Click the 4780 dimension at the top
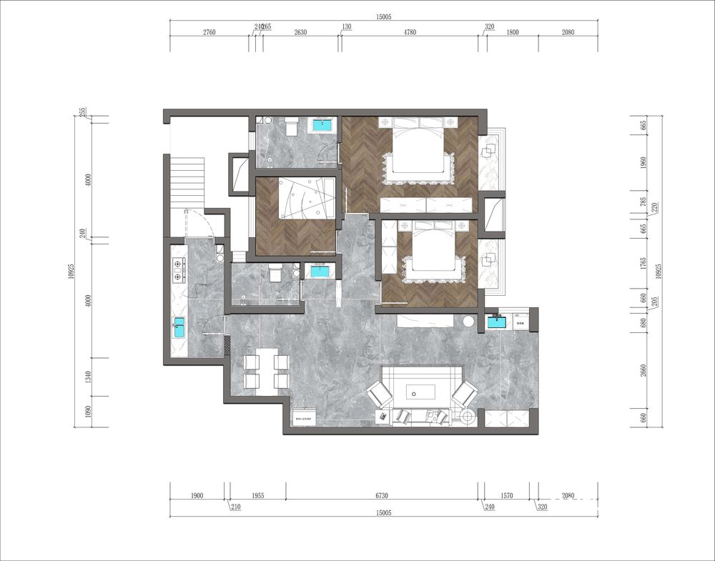pyautogui.click(x=410, y=33)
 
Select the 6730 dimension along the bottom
pyautogui.click(x=382, y=495)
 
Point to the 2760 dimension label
pyautogui.click(x=209, y=33)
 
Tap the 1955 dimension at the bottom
pyautogui.click(x=257, y=495)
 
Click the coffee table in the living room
pyautogui.click(x=421, y=392)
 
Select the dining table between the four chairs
pyautogui.click(x=267, y=371)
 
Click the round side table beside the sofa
pyautogui.click(x=468, y=322)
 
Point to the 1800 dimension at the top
pyautogui.click(x=512, y=33)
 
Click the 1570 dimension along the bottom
pyautogui.click(x=507, y=495)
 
